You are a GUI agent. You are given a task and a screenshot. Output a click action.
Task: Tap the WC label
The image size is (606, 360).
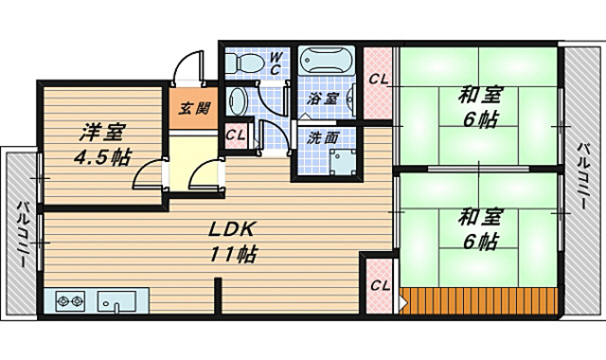click(275, 63)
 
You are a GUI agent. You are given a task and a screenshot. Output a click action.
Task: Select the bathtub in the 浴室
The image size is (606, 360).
click(327, 61)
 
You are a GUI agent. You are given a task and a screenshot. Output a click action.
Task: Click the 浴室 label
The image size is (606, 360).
click(323, 99)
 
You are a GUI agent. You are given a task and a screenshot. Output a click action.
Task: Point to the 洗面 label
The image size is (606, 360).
click(323, 138)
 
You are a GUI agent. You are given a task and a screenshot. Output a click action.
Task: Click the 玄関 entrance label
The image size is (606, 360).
click(194, 109)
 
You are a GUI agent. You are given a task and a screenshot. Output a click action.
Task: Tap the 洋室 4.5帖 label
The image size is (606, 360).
click(102, 145)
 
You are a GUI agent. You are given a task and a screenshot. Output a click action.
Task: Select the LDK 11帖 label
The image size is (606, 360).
click(233, 242)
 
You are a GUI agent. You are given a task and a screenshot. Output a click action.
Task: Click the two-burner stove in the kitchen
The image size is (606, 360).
click(70, 301)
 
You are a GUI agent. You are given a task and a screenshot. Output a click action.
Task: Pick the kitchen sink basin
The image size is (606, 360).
click(116, 301)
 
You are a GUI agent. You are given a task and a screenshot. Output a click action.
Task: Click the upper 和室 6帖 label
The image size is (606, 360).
click(480, 107)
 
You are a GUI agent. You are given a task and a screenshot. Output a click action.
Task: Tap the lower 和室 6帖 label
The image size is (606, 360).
click(480, 229)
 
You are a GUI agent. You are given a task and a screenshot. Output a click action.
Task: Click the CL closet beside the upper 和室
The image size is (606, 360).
click(377, 83)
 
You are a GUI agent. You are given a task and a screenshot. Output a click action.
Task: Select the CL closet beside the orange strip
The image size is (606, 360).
click(379, 286)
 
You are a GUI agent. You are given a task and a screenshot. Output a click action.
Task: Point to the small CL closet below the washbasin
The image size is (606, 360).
click(236, 135)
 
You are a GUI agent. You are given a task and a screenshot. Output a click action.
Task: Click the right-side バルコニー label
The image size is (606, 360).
click(583, 175)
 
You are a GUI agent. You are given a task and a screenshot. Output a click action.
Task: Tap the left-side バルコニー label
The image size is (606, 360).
click(22, 235)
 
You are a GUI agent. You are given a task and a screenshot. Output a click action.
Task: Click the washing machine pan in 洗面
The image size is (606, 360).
click(343, 162)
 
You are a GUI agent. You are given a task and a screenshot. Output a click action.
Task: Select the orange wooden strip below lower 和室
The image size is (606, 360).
click(478, 301)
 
